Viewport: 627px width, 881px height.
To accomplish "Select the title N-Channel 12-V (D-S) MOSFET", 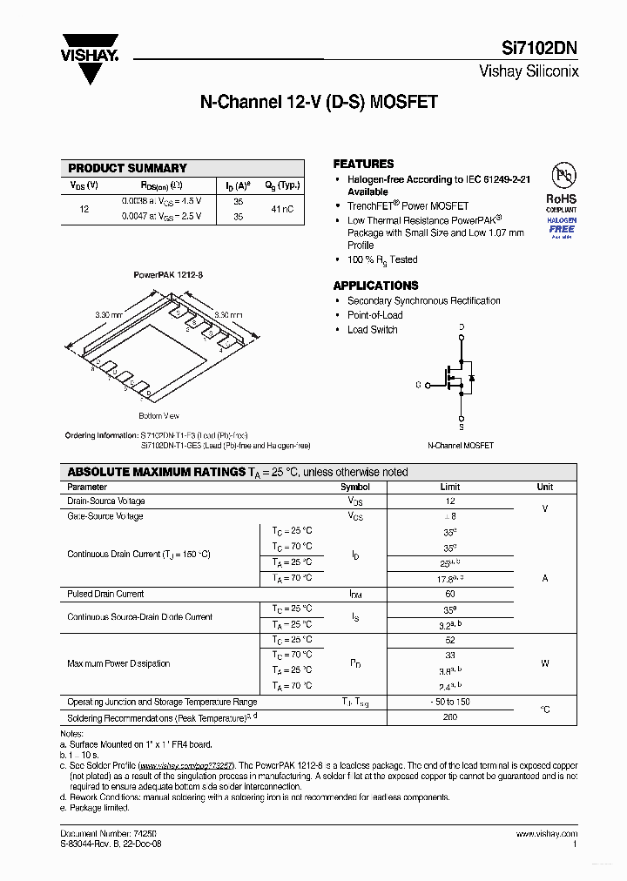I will click(x=319, y=102).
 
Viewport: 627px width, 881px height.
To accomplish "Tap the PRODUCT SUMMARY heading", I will click(x=127, y=168).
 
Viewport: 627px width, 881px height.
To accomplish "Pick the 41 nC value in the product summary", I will click(x=281, y=209).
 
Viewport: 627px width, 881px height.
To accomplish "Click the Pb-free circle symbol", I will click(x=561, y=176).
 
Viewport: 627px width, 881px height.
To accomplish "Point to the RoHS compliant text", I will click(x=561, y=203).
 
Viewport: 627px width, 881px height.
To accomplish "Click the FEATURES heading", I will click(x=363, y=164).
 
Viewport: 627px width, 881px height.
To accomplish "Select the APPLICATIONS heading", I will click(x=375, y=286).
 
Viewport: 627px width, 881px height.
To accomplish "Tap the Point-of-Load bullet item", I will click(x=374, y=315).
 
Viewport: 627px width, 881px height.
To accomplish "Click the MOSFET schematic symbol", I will click(x=453, y=379).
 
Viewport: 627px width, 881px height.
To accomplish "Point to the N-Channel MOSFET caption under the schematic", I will click(x=460, y=445).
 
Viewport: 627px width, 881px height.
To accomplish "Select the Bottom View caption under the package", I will click(x=158, y=415).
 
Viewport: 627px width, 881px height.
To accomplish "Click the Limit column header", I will click(x=449, y=488).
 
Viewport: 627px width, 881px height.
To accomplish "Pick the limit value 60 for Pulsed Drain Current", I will click(x=449, y=594).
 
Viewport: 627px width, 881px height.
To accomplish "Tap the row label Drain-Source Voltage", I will click(x=106, y=501).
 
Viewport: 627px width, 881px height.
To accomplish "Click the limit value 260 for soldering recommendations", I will click(x=449, y=718).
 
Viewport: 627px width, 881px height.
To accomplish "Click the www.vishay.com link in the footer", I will click(x=551, y=833).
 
